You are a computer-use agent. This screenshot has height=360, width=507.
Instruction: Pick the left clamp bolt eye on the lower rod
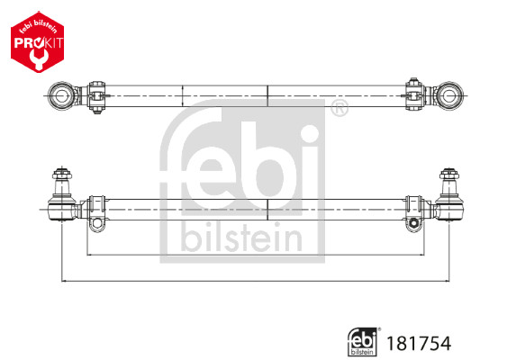click(96, 221)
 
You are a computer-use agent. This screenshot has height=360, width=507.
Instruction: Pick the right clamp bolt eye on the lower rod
click(414, 221)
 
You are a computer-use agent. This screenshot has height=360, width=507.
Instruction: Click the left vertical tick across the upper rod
click(183, 93)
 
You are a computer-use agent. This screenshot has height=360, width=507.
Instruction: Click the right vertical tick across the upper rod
click(268, 93)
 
